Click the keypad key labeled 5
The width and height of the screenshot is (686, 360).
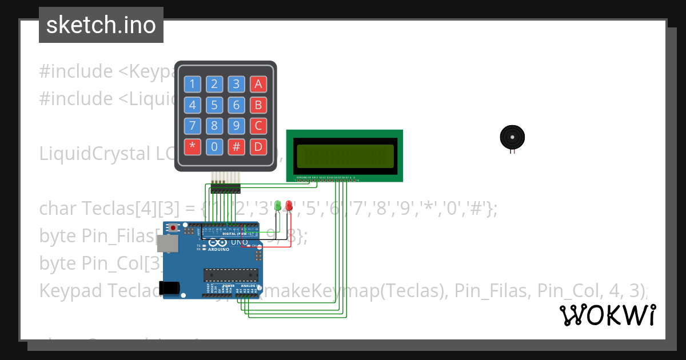[x=214, y=105]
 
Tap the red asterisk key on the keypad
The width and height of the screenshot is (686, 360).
[x=192, y=146]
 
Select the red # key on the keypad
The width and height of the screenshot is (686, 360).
[x=236, y=146]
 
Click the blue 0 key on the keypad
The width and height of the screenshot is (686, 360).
[x=214, y=146]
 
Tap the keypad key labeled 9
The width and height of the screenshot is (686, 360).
[x=236, y=126]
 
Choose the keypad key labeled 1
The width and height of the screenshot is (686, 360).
[x=192, y=85]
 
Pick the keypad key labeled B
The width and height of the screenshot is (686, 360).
[x=258, y=105]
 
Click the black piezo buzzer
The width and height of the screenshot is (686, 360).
[x=512, y=137]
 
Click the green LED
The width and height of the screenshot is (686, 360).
[x=278, y=205]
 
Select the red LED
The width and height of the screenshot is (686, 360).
[x=289, y=205]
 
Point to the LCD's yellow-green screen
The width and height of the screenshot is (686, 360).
[x=345, y=156]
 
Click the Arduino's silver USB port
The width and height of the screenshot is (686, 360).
[x=169, y=244]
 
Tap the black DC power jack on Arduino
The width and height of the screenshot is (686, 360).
[x=171, y=289]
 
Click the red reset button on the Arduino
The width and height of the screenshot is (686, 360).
[x=173, y=227]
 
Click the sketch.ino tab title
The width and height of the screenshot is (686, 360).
[x=101, y=25]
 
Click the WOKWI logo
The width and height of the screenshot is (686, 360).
[x=607, y=315]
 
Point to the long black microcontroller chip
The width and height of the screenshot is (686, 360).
[x=231, y=275]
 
